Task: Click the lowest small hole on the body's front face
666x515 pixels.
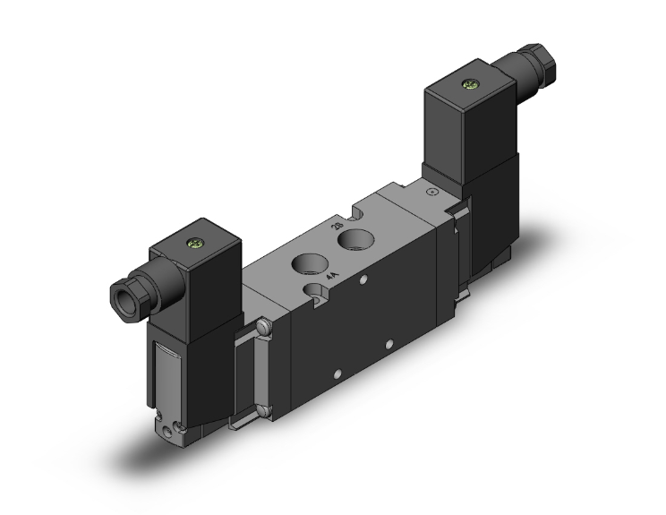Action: (x=337, y=373)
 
